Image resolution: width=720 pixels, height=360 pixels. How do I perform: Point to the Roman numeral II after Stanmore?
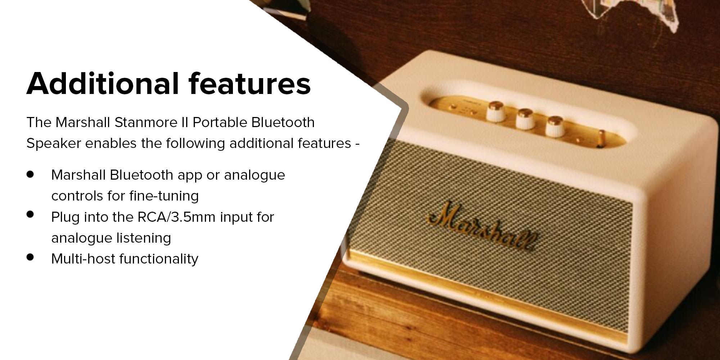(x=185, y=122)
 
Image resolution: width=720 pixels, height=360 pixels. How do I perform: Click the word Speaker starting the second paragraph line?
(x=54, y=144)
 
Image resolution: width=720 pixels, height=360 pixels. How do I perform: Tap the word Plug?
(x=65, y=217)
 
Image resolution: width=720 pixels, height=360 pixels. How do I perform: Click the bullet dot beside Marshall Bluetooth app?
(x=30, y=175)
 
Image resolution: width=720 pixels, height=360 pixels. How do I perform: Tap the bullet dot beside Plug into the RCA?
(x=30, y=215)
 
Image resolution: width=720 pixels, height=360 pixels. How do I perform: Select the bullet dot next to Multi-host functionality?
(x=30, y=257)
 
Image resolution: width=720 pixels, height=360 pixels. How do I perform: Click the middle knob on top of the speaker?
(x=525, y=118)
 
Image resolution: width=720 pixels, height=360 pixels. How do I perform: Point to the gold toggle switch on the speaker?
(x=600, y=138)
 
